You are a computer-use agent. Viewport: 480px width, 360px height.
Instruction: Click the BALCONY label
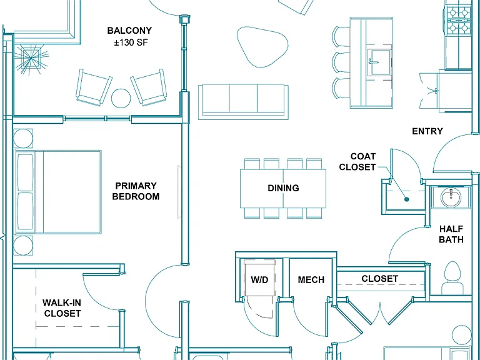129,31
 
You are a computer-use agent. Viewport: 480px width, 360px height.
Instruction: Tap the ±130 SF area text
131,42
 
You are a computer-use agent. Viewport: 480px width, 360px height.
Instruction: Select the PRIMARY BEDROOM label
136,191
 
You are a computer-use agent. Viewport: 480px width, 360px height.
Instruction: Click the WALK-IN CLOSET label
62,308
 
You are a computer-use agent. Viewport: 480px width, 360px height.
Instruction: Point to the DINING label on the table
283,188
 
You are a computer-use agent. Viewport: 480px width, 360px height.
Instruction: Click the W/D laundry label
259,280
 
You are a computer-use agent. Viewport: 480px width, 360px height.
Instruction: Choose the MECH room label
311,280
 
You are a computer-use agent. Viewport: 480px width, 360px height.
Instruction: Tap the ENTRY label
427,131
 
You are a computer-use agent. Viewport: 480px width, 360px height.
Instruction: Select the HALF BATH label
451,234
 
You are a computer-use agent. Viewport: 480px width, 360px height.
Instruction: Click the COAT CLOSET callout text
357,162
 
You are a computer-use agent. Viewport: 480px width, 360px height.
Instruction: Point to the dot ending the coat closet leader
407,199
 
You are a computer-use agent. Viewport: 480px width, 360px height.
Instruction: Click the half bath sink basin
451,197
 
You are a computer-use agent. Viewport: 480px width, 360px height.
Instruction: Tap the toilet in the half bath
452,278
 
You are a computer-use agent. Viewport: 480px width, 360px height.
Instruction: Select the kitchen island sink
379,62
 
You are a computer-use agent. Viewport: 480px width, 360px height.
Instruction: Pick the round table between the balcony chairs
121,98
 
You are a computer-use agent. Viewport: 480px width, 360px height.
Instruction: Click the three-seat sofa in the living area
243,102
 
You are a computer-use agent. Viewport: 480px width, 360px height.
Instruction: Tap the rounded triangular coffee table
262,46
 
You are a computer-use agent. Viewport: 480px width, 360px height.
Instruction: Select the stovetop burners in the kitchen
459,21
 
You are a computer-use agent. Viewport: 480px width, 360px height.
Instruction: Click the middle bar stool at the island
341,62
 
